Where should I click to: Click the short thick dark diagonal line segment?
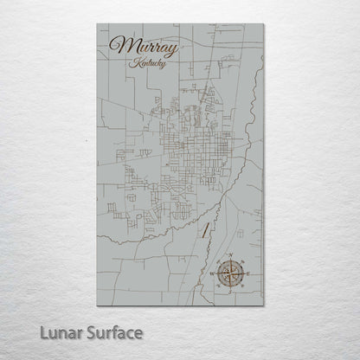tap(204, 229)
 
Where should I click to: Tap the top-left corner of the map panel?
tap(97, 23)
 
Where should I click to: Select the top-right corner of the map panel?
tap(263, 23)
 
